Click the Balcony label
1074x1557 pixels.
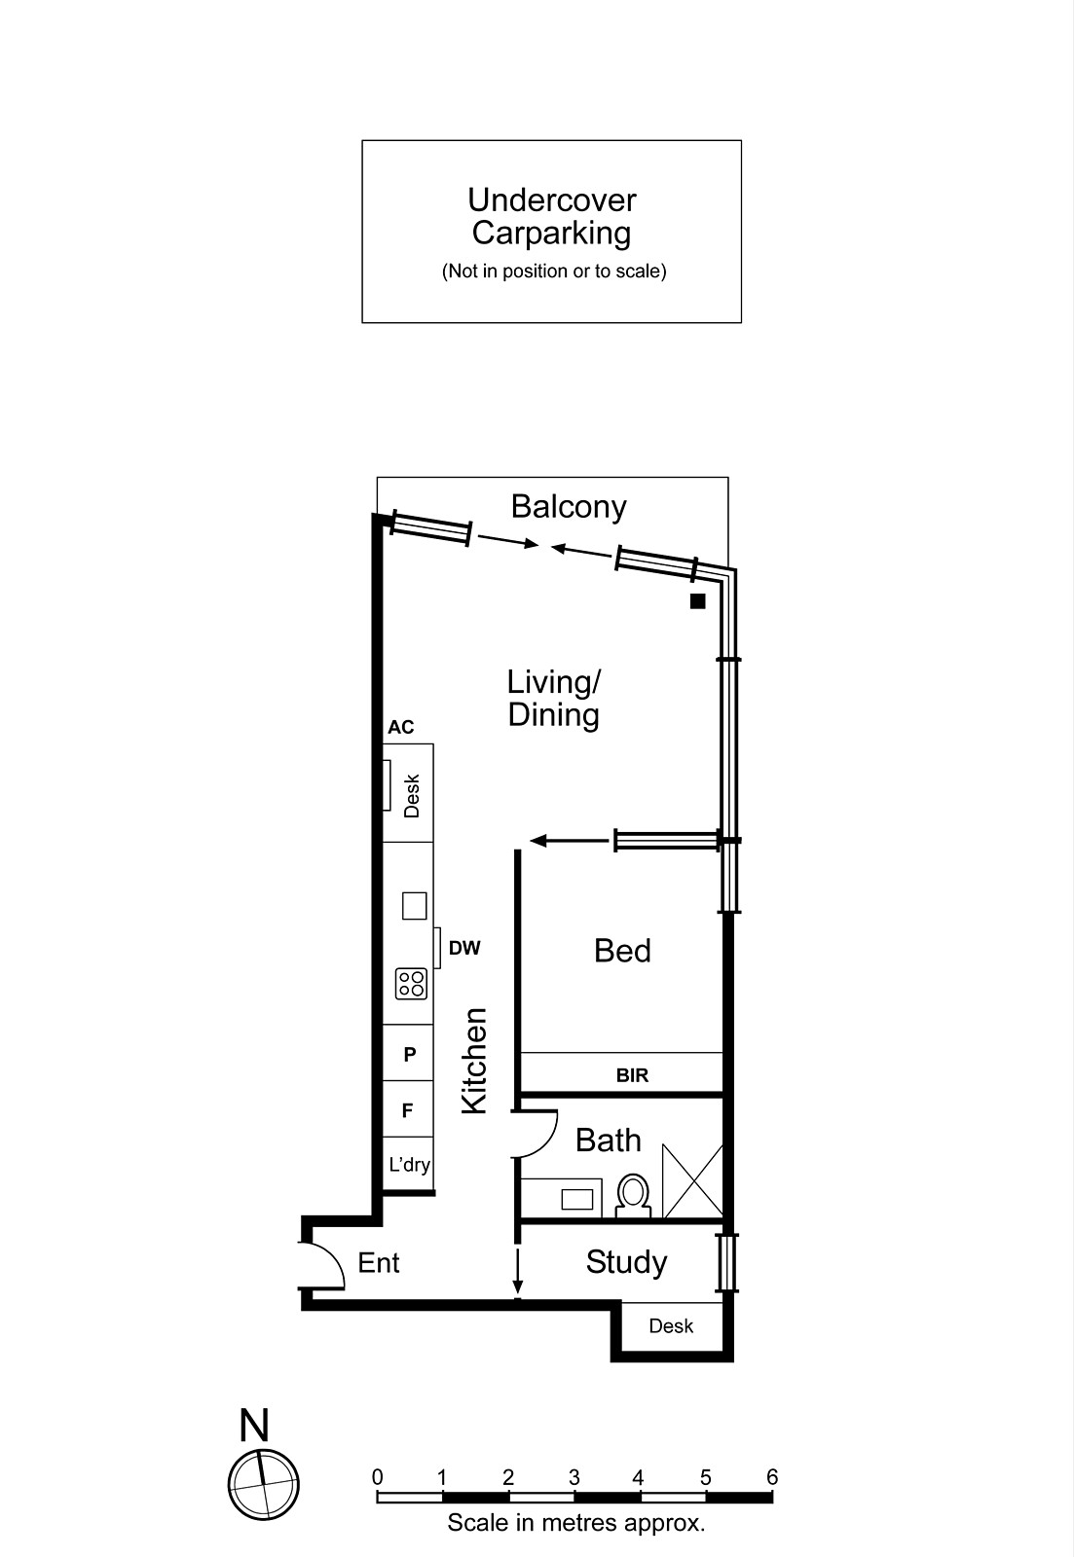click(x=569, y=507)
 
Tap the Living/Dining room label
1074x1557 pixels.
click(x=554, y=698)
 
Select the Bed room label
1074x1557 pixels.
click(x=622, y=951)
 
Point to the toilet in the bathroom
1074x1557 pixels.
click(x=633, y=1196)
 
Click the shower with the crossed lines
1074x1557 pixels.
click(x=692, y=1181)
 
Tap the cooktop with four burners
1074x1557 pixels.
click(x=411, y=983)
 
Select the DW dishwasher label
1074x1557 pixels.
click(x=464, y=948)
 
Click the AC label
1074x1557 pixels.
click(x=400, y=727)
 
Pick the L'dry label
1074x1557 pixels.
click(x=409, y=1165)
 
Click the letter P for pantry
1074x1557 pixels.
click(x=410, y=1054)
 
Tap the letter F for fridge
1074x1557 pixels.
click(x=408, y=1110)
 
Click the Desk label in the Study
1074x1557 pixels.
click(x=671, y=1325)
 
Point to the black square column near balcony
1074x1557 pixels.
click(x=697, y=601)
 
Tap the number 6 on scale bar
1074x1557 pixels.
click(x=772, y=1477)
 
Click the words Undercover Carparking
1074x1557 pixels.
click(x=551, y=216)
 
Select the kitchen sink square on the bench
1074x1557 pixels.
click(x=414, y=906)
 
